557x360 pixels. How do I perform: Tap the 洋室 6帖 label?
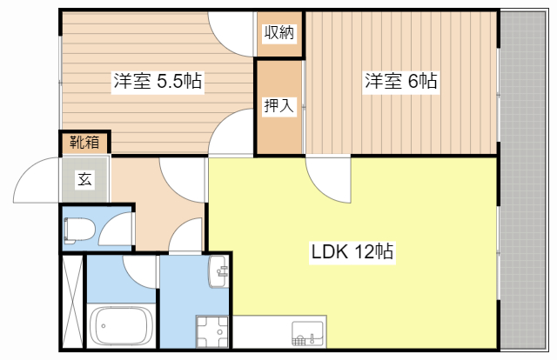400,82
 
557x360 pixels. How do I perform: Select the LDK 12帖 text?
352,253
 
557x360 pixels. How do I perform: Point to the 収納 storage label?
279,34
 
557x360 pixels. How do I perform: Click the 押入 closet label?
279,106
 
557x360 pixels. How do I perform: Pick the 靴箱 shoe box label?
84,142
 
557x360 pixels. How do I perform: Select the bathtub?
121,325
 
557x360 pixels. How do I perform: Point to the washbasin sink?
218,272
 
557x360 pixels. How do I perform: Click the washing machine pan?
210,331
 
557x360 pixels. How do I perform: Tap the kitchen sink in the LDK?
307,333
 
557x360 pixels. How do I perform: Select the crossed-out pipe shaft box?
72,300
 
